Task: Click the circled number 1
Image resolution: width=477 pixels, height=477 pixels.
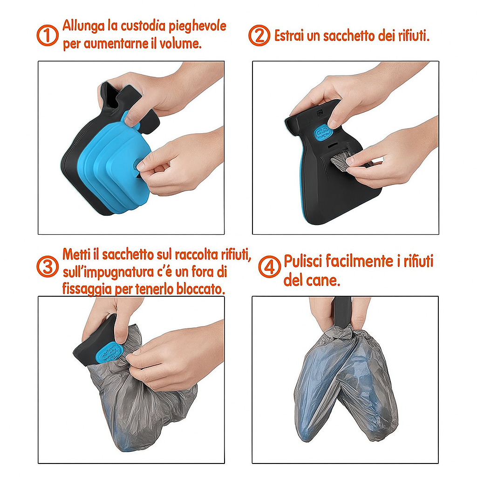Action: point(47,35)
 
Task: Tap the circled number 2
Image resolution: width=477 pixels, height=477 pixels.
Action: point(259,35)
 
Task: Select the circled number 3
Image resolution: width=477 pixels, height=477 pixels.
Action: point(47,267)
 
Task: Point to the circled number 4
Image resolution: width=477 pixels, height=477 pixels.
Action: point(269,267)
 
